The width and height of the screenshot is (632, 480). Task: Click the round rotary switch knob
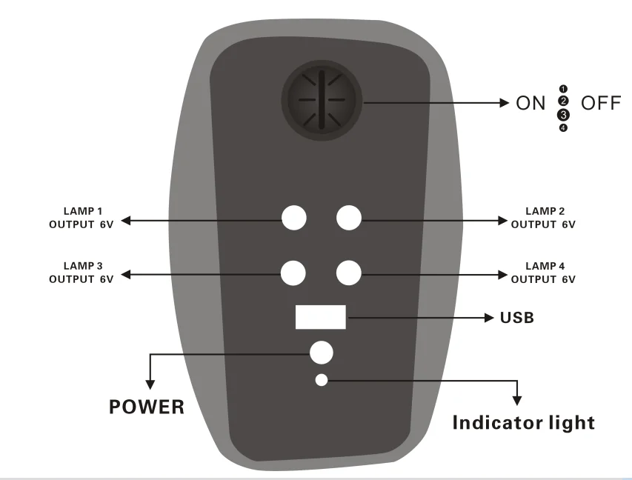(x=321, y=100)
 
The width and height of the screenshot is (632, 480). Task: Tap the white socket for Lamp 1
(x=294, y=218)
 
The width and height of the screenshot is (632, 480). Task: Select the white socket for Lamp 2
(x=348, y=218)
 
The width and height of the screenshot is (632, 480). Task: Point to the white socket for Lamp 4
(x=348, y=273)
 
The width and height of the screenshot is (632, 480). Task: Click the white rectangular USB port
(x=321, y=316)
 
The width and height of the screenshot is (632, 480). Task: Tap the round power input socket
(x=321, y=353)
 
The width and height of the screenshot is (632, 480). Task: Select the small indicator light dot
(x=321, y=380)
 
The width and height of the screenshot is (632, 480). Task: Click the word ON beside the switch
(x=530, y=103)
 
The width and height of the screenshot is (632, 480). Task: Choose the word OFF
(x=601, y=103)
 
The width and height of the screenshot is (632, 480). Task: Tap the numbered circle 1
(x=563, y=89)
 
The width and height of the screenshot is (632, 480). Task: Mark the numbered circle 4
(x=563, y=128)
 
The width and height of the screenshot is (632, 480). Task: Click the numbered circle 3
(x=563, y=115)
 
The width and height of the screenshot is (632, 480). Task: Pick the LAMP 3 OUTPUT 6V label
(x=82, y=273)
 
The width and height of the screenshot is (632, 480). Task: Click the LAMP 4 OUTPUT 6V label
(x=543, y=273)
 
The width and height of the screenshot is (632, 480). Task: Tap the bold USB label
(x=517, y=319)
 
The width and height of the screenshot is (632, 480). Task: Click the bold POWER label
(x=147, y=407)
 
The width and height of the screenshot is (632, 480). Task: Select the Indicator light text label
(x=523, y=423)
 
